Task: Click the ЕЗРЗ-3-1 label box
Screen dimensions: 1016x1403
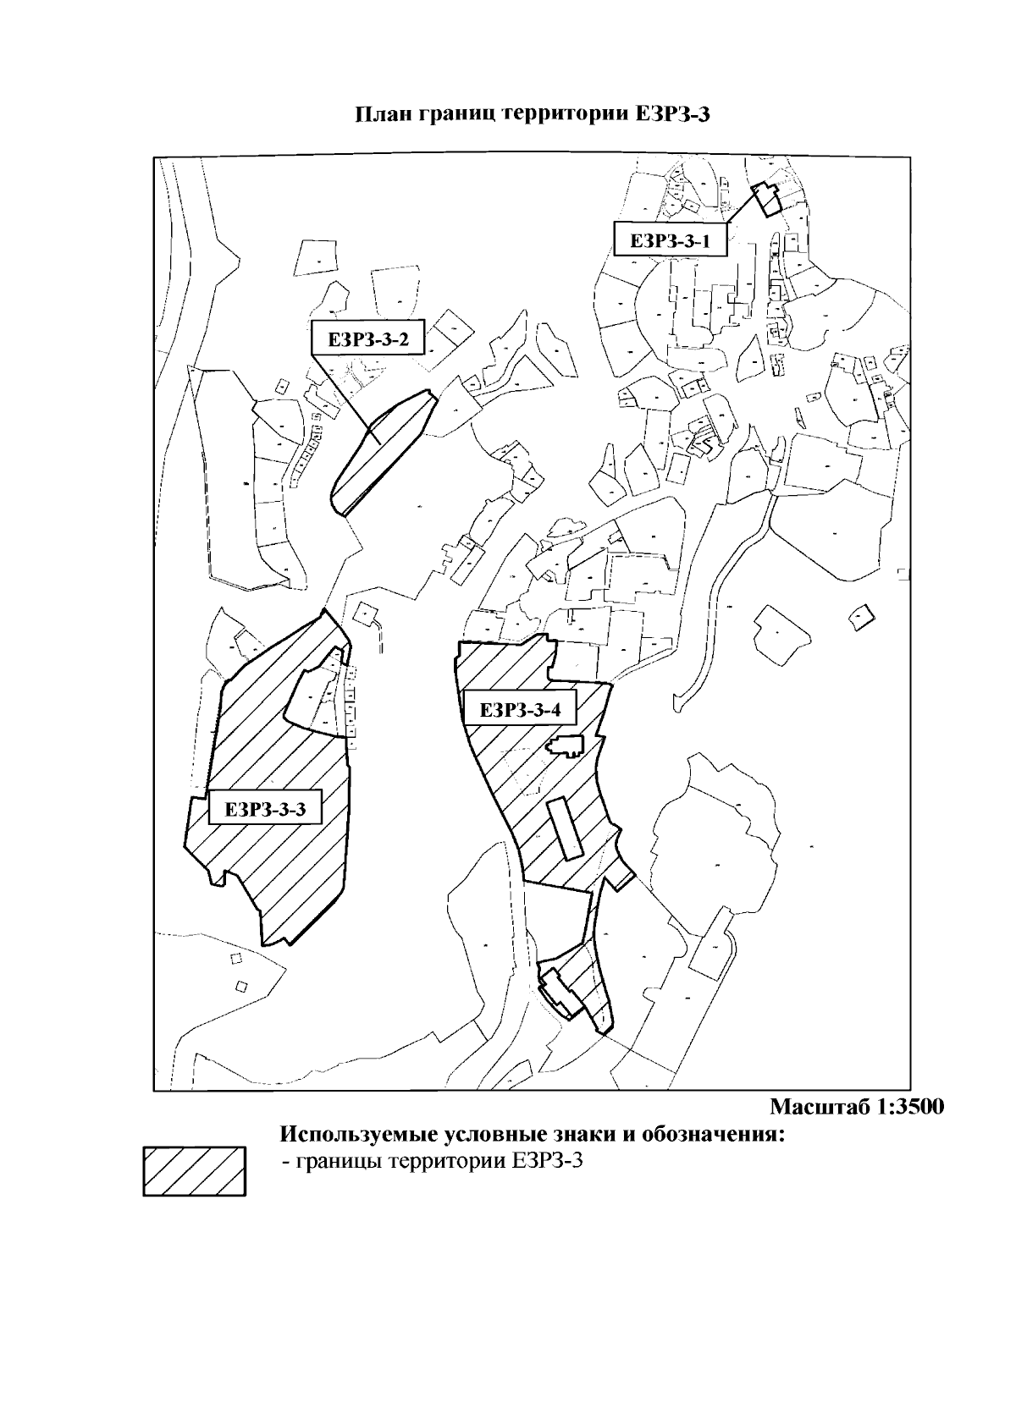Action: click(x=670, y=239)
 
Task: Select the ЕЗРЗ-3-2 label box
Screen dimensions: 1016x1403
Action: click(x=368, y=338)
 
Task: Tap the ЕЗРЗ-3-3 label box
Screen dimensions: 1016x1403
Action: click(x=265, y=809)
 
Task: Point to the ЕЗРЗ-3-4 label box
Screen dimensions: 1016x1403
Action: click(x=520, y=710)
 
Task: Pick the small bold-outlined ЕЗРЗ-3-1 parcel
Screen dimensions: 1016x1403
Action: click(x=766, y=199)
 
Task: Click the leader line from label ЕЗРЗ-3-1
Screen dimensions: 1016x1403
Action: click(x=742, y=206)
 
